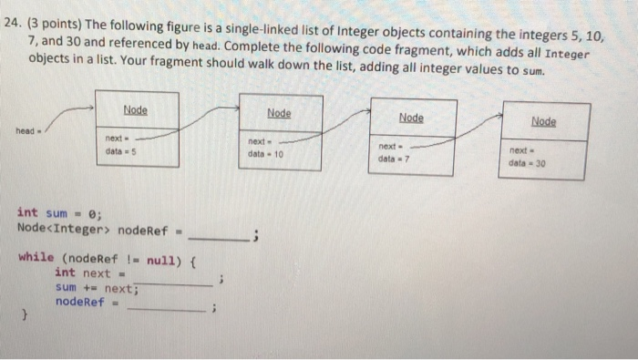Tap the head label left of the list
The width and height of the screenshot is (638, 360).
click(24, 129)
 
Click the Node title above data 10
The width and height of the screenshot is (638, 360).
click(279, 112)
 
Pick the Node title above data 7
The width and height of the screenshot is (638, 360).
click(411, 118)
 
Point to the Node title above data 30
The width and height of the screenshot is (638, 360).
click(544, 121)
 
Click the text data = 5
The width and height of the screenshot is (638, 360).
click(122, 150)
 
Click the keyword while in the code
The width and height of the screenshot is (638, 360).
click(36, 257)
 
